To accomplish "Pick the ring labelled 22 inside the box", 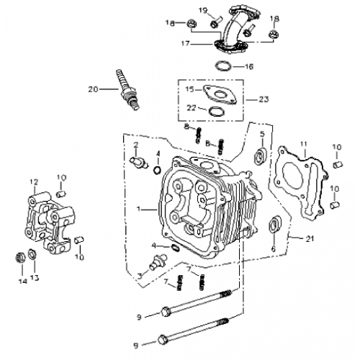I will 215,112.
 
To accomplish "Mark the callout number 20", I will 91,89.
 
